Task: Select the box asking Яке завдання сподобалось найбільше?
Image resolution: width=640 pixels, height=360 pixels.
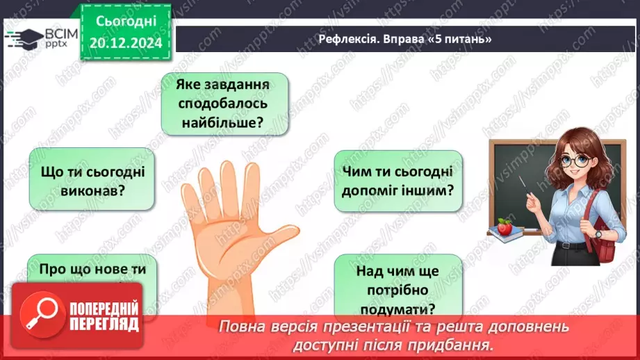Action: [x=224, y=104]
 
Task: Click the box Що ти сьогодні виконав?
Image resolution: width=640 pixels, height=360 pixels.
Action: [x=91, y=179]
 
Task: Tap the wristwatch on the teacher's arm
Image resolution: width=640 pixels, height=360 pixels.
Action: [x=598, y=234]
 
